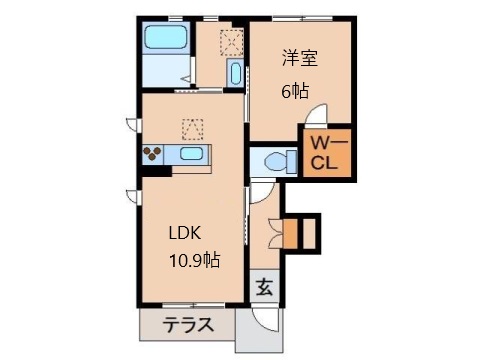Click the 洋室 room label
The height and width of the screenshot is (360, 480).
pyautogui.click(x=300, y=58)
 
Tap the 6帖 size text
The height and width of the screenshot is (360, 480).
pyautogui.click(x=295, y=91)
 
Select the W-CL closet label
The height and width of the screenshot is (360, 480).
pyautogui.click(x=329, y=153)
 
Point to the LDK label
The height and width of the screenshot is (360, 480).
pyautogui.click(x=185, y=233)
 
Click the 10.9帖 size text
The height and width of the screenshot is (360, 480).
pyautogui.click(x=195, y=260)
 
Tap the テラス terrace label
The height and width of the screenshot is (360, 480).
pyautogui.click(x=188, y=324)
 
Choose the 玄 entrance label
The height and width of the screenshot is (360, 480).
pyautogui.click(x=264, y=287)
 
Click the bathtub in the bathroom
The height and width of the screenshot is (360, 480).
pyautogui.click(x=165, y=37)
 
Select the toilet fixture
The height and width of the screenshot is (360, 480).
pyautogui.click(x=280, y=162)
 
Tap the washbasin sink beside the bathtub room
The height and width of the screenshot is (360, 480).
pyautogui.click(x=235, y=73)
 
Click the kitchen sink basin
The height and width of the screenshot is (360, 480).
pyautogui.click(x=191, y=154)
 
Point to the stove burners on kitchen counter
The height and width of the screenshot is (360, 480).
pyautogui.click(x=152, y=154)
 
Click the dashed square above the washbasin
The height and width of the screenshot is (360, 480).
pyautogui.click(x=232, y=42)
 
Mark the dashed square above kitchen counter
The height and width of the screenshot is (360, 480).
pyautogui.click(x=192, y=129)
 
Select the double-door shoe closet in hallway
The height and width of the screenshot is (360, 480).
pyautogui.click(x=276, y=233)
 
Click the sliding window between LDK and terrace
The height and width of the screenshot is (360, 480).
pyautogui.click(x=193, y=305)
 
